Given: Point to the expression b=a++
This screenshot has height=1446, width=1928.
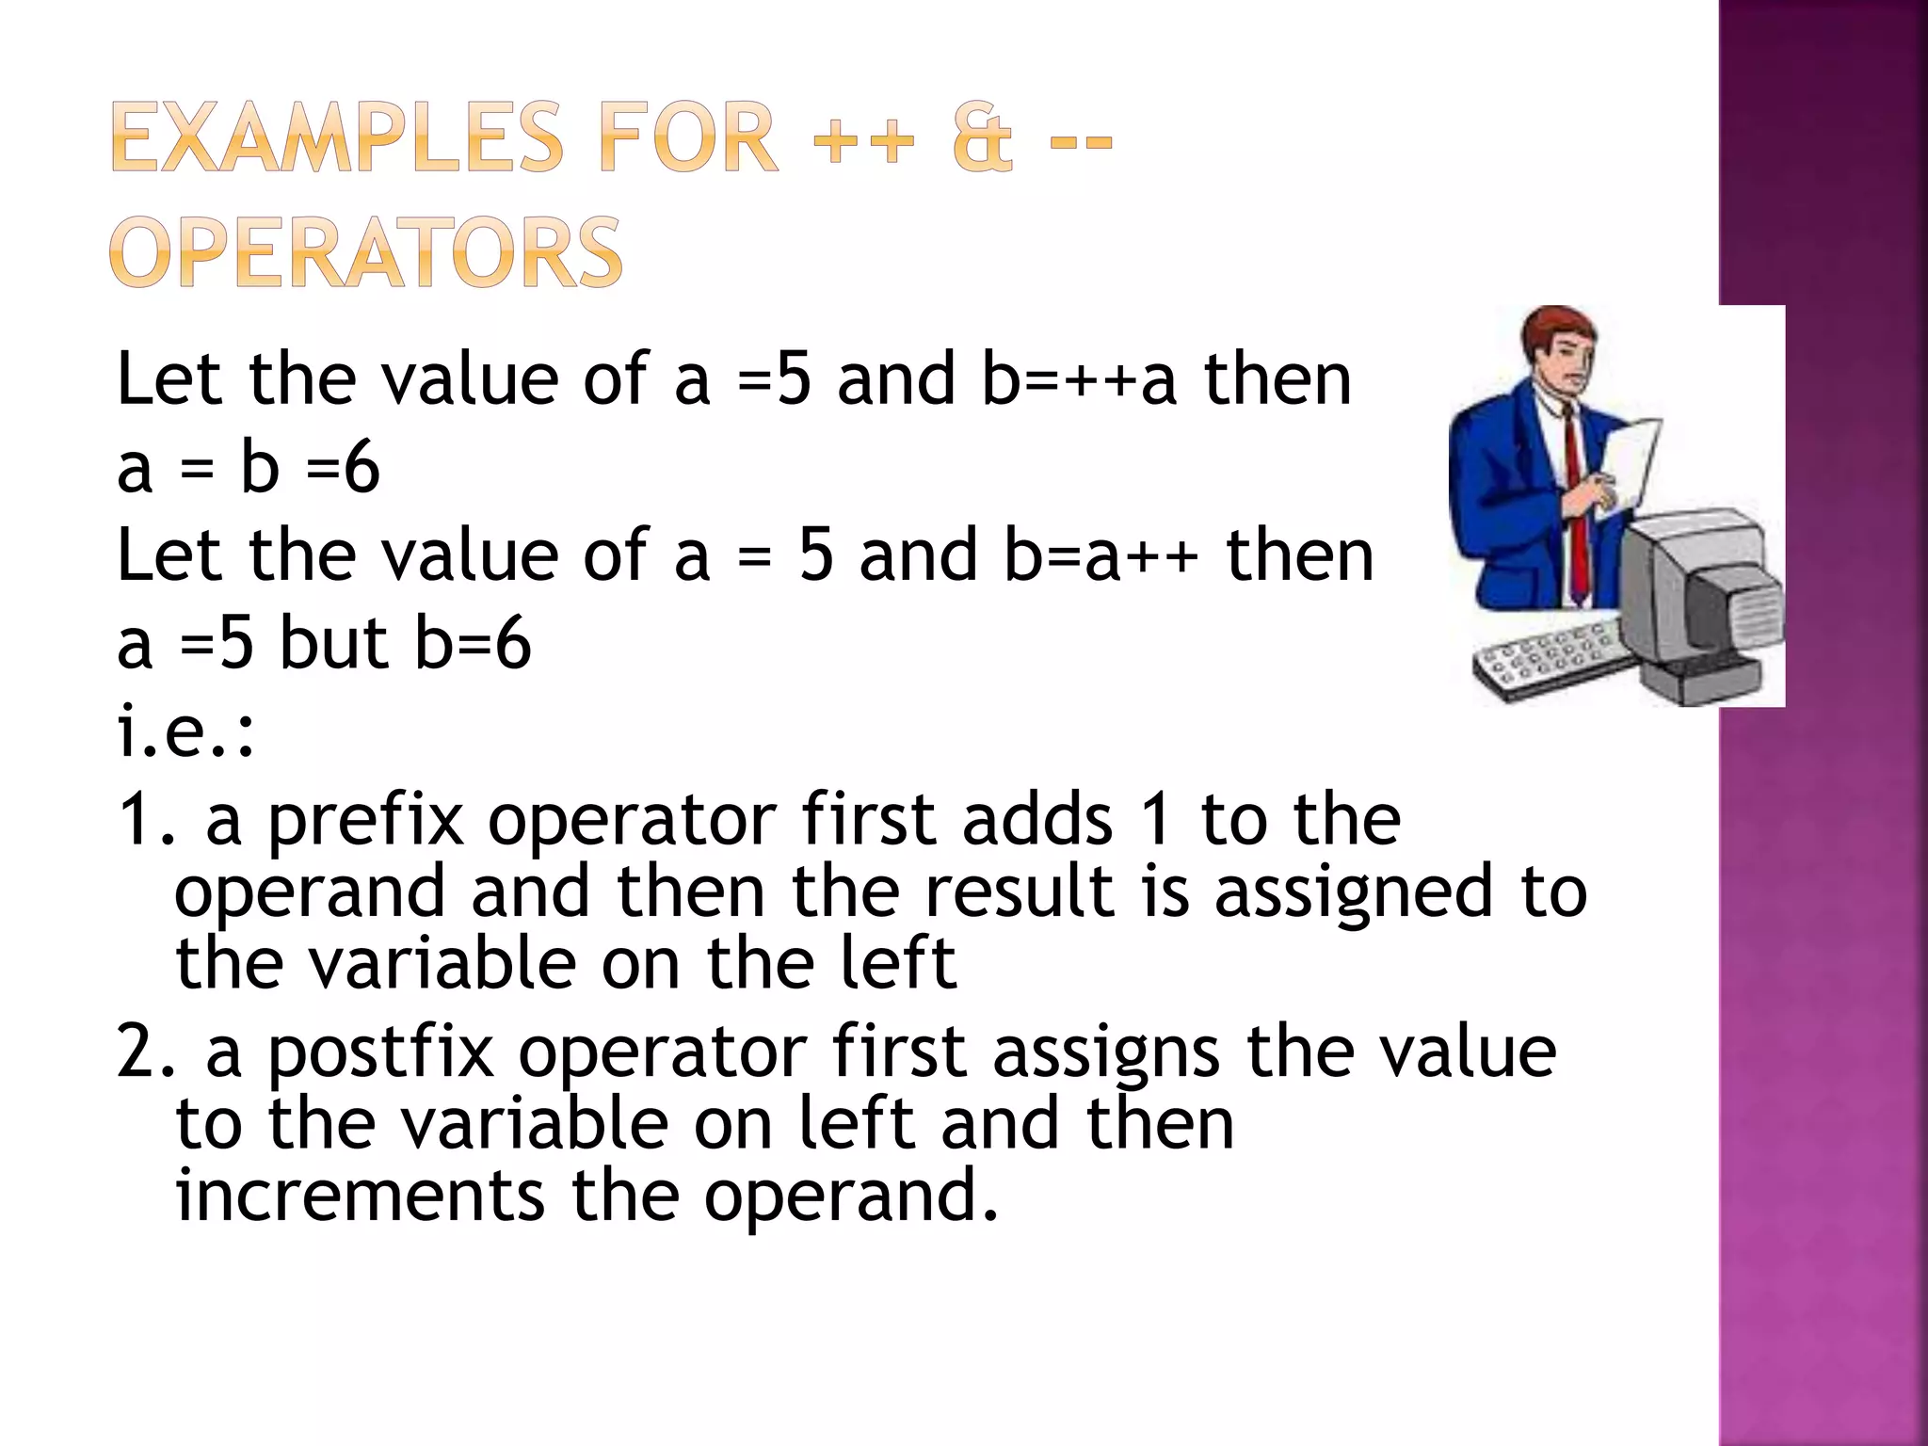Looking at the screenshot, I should click(1101, 555).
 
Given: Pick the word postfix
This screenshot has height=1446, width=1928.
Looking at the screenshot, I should click(380, 1052).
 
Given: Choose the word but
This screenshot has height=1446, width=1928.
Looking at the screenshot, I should click(334, 644).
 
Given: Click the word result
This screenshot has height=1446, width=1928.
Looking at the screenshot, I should click(1020, 892).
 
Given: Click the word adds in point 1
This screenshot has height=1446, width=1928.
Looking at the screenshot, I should click(1037, 819).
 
